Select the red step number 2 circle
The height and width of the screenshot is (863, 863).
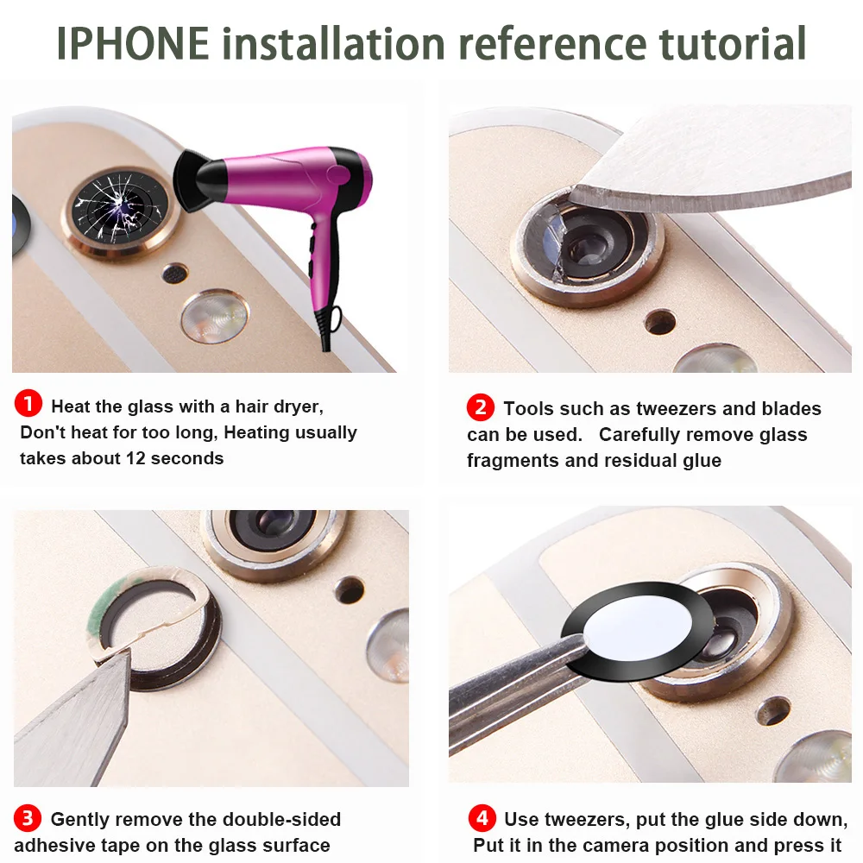(480, 406)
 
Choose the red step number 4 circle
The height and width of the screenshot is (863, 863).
(481, 817)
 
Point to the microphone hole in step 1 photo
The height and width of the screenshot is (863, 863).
(175, 274)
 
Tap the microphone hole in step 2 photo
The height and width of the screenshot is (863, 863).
(660, 322)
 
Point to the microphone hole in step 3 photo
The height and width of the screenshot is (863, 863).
(349, 589)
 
